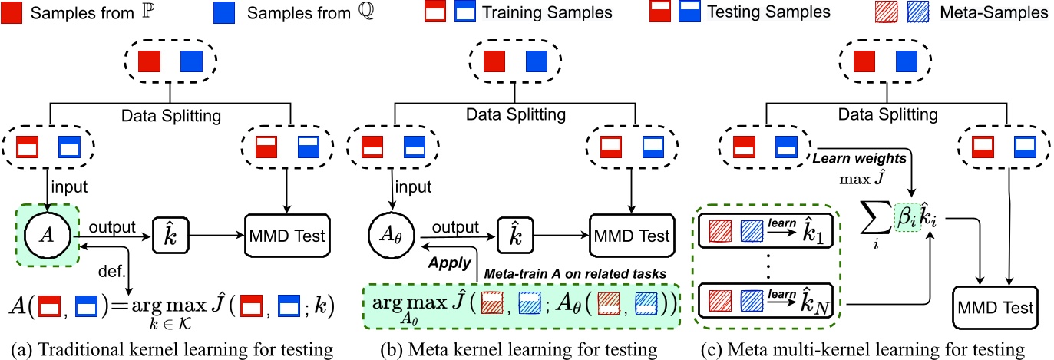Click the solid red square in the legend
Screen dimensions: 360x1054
click(13, 12)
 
